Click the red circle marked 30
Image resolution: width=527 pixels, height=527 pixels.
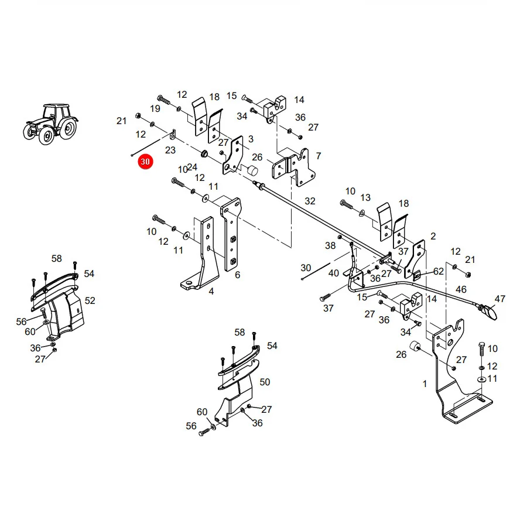(145, 162)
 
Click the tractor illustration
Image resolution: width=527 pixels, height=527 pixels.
(51, 124)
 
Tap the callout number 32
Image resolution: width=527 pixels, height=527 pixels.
(310, 201)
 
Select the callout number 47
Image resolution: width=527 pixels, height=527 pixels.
(500, 299)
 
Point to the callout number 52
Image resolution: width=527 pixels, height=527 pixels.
(90, 300)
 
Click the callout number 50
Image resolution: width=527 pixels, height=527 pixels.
(265, 382)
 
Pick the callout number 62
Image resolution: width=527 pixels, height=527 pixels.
(439, 271)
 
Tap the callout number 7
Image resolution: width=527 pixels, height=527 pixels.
(319, 156)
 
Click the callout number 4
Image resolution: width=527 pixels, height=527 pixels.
(211, 291)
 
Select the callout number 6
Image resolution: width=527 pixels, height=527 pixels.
(238, 275)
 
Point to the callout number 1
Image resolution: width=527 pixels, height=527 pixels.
(425, 384)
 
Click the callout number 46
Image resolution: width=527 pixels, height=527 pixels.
(461, 289)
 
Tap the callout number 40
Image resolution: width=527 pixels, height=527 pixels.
(333, 273)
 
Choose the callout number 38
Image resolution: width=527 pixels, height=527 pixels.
(330, 245)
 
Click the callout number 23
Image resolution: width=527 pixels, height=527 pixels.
(170, 150)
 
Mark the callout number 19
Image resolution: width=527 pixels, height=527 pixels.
(155, 108)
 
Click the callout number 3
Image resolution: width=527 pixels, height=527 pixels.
(251, 139)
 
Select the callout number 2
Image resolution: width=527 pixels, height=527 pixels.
(433, 237)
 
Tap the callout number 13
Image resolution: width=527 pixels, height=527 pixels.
(365, 197)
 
